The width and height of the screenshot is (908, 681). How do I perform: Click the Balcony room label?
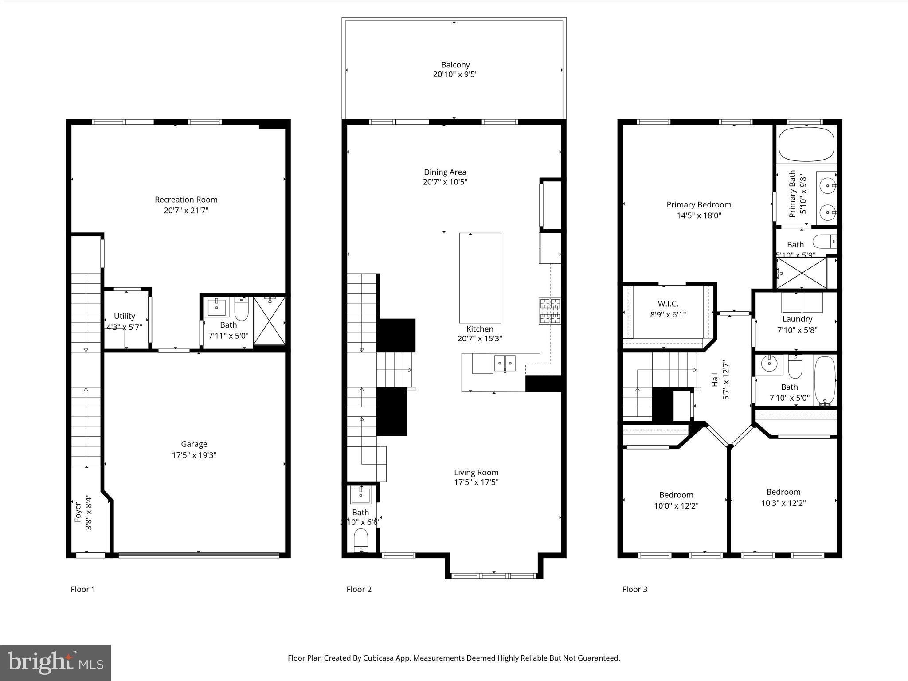(x=455, y=65)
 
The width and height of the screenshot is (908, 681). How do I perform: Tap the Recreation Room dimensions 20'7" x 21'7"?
(x=186, y=211)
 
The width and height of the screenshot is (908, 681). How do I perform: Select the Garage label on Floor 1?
(x=194, y=444)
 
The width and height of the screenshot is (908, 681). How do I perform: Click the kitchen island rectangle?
(x=480, y=278)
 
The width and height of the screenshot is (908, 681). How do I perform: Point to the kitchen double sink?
(x=505, y=363)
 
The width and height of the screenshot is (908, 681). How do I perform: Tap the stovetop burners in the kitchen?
(x=550, y=311)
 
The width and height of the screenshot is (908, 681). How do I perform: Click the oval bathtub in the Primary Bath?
(x=806, y=145)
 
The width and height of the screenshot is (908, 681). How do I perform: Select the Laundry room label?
(x=797, y=319)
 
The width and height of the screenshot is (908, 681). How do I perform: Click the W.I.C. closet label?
(x=668, y=304)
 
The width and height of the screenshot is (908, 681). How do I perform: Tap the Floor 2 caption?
(x=359, y=589)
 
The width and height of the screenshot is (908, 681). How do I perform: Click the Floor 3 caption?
(x=634, y=589)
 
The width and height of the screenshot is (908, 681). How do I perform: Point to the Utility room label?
(x=125, y=316)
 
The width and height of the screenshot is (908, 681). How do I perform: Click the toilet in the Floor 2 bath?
(x=361, y=540)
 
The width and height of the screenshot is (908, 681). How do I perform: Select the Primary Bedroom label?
(x=699, y=204)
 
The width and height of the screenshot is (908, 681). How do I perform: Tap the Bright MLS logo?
(x=55, y=663)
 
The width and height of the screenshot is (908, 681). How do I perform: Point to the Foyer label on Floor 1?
(x=78, y=512)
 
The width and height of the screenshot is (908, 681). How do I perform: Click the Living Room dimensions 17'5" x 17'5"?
(x=476, y=482)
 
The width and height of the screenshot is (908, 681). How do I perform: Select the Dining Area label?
(x=445, y=172)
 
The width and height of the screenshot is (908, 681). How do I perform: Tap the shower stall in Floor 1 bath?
(x=269, y=321)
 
